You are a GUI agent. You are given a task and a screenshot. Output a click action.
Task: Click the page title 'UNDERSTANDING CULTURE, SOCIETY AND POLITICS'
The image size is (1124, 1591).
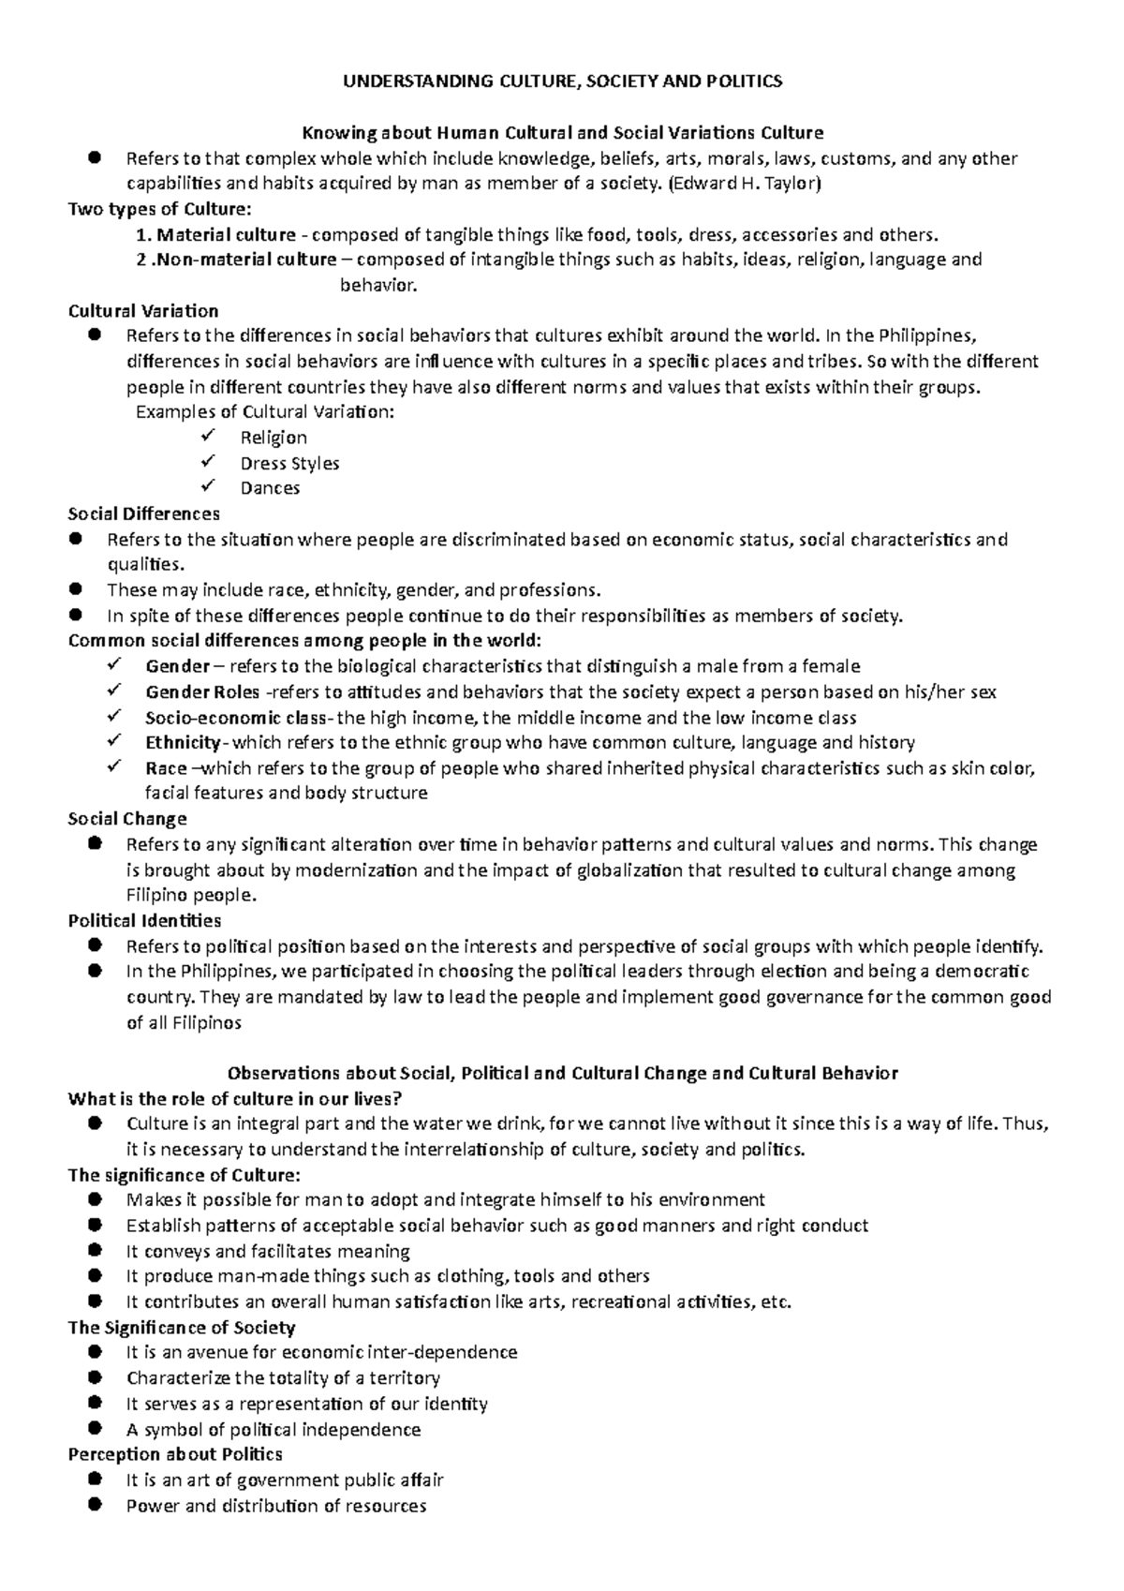562,82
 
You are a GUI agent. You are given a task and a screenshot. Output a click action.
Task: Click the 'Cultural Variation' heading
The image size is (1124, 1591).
143,311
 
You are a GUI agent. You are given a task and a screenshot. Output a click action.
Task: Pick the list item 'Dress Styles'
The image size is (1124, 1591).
289,463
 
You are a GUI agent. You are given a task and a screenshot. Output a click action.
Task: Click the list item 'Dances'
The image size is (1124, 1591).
270,488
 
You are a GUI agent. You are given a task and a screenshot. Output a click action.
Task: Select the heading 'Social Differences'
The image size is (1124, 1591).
144,513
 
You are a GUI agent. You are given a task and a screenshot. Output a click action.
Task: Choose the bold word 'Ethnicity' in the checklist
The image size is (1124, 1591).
184,743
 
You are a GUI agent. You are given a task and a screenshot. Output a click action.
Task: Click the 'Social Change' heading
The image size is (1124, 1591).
127,819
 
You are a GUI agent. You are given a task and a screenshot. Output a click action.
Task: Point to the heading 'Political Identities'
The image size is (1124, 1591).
145,921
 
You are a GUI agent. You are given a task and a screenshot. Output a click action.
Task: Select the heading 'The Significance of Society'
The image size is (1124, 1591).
182,1328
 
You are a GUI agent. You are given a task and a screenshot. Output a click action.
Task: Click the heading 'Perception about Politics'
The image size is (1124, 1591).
175,1454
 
